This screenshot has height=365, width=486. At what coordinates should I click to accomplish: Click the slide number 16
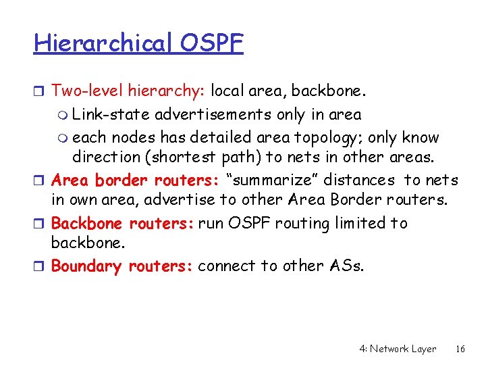pos(460,349)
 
